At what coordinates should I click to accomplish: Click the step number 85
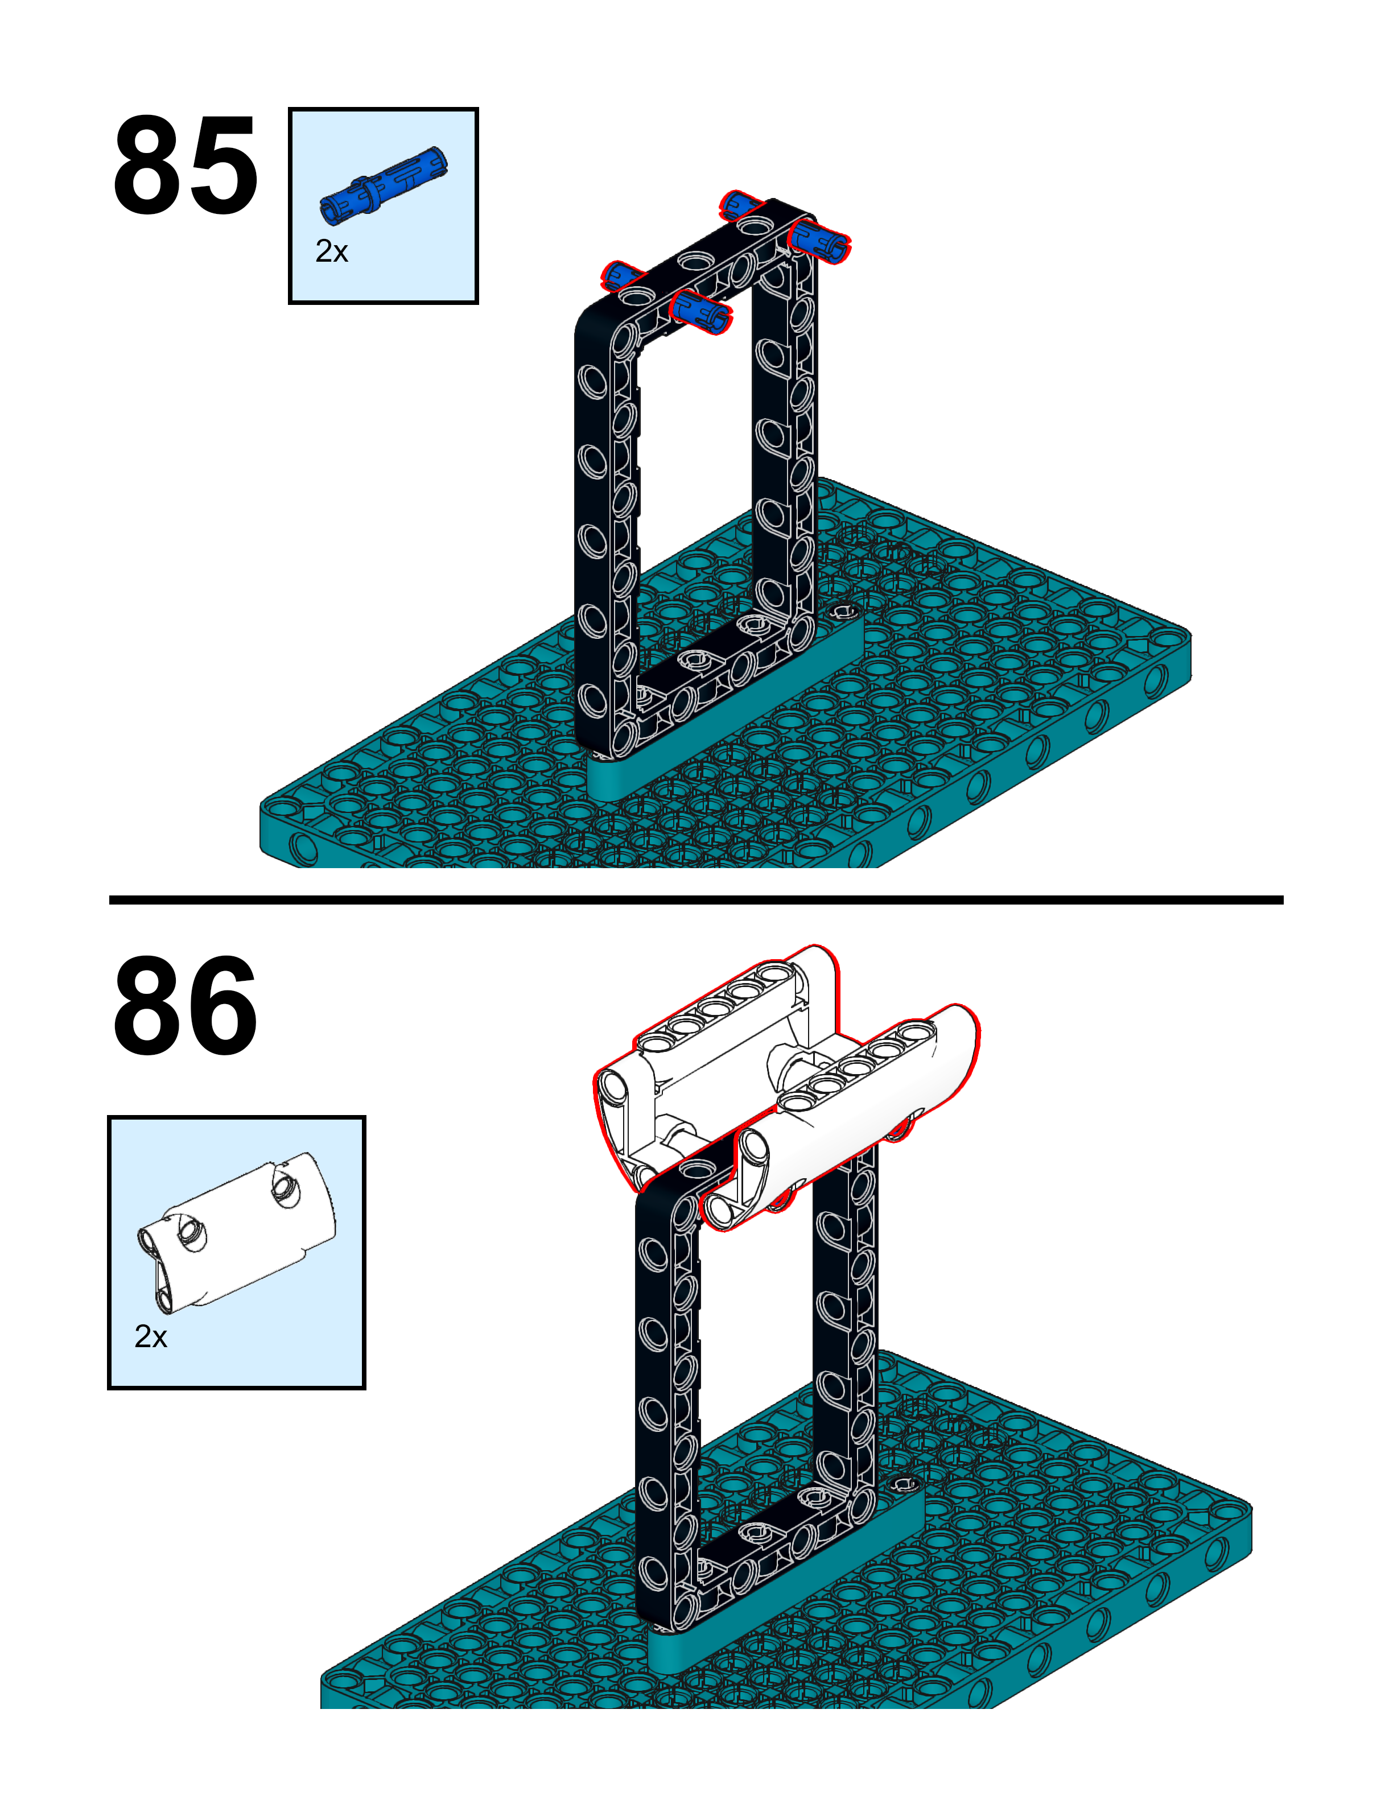coord(186,165)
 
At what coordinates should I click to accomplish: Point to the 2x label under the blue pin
coord(331,251)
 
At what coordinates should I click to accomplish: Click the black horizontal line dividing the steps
coord(696,900)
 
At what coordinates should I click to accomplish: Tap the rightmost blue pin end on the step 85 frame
coord(820,239)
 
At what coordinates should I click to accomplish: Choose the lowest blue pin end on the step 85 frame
coord(700,310)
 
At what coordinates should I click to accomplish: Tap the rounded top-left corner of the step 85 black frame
coord(590,323)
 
